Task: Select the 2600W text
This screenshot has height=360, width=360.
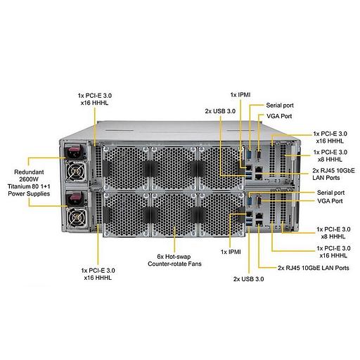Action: pos(27,179)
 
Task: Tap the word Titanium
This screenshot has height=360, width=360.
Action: pos(20,186)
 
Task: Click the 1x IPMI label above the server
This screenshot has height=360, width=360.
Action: pos(240,94)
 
